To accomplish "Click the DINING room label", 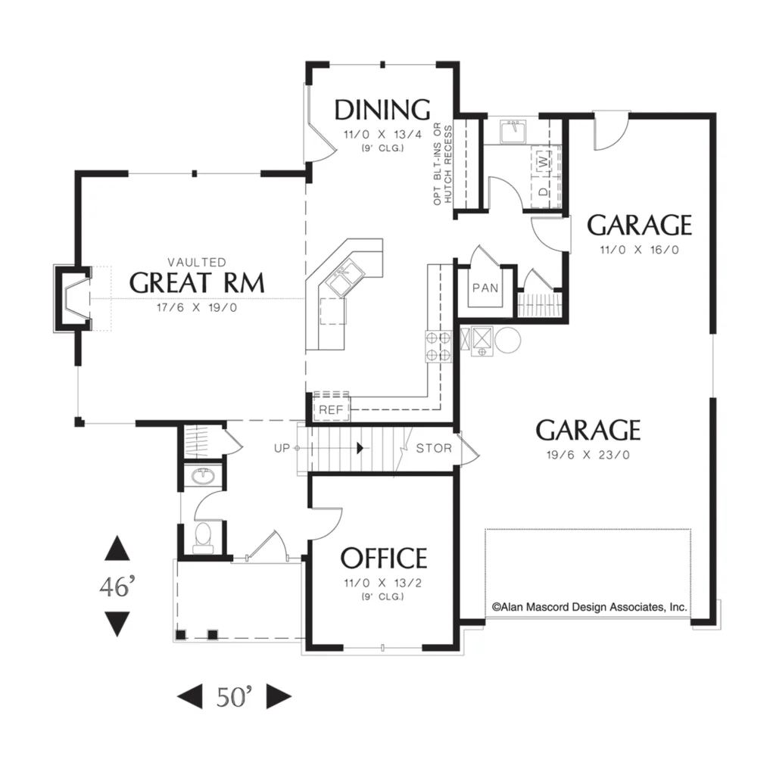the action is tap(382, 110).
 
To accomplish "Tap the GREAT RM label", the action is tap(197, 283).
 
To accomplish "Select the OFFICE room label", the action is tap(383, 558).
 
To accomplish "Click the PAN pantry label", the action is tap(485, 288).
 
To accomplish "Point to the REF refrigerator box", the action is tap(332, 406).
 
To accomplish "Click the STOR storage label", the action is tap(434, 448).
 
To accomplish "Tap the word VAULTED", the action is tap(197, 262).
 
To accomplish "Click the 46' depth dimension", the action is tap(117, 587).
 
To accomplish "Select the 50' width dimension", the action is tap(234, 696).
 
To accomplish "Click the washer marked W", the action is tap(543, 160).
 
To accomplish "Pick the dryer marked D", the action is tap(543, 191).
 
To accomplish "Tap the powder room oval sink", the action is tap(203, 477).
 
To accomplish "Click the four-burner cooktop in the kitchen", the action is tap(438, 347).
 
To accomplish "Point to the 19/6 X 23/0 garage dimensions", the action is tap(588, 455).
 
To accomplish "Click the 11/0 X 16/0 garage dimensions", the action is tap(639, 250).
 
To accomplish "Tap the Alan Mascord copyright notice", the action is tap(589, 607).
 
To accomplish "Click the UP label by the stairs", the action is tap(282, 448).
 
